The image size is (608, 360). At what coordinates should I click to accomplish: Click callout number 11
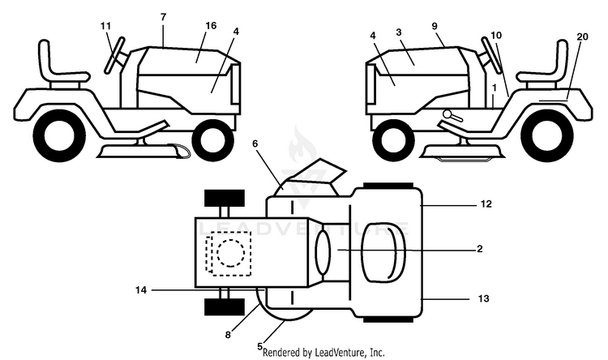pyautogui.click(x=105, y=26)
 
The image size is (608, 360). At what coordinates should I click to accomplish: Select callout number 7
pyautogui.click(x=163, y=17)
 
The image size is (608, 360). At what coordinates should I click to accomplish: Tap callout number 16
pyautogui.click(x=211, y=26)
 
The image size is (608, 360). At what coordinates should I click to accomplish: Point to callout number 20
pyautogui.click(x=582, y=36)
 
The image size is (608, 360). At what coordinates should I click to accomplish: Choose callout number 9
pyautogui.click(x=435, y=26)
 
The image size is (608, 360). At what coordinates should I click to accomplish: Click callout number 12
pyautogui.click(x=486, y=204)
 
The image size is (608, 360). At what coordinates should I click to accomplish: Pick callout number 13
pyautogui.click(x=484, y=298)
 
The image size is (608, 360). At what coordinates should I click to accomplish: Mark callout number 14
pyautogui.click(x=141, y=289)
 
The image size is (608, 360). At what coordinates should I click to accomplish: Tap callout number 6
pyautogui.click(x=255, y=144)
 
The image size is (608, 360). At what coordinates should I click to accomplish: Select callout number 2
pyautogui.click(x=480, y=249)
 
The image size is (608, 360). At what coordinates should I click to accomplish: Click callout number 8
pyautogui.click(x=228, y=334)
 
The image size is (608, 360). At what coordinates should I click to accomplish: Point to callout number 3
pyautogui.click(x=399, y=32)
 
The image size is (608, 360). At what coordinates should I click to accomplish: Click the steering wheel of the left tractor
pyautogui.click(x=115, y=54)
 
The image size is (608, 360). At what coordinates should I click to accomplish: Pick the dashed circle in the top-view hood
pyautogui.click(x=231, y=252)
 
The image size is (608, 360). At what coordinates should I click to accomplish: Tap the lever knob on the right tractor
pyautogui.click(x=447, y=114)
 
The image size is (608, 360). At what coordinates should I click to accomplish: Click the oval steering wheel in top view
pyautogui.click(x=323, y=252)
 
